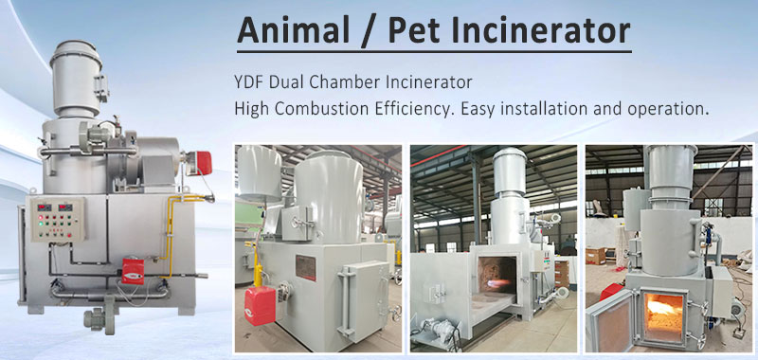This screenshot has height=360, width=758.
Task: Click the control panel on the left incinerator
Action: tap(54, 219)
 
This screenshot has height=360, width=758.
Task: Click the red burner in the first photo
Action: tap(257, 304)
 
